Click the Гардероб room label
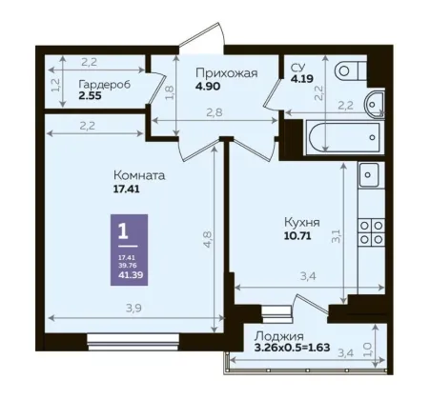click(105, 85)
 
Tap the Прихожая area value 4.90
click(208, 87)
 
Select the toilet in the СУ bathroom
click(350, 70)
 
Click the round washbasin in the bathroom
click(375, 104)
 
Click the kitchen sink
click(369, 174)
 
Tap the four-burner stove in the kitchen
click(372, 232)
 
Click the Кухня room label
click(302, 222)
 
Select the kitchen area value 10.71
click(297, 236)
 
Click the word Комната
click(139, 175)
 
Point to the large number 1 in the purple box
click(123, 231)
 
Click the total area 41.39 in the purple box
click(131, 274)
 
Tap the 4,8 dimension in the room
click(207, 239)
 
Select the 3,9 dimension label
click(133, 308)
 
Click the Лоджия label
click(279, 336)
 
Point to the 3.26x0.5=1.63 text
click(292, 348)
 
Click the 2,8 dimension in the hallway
click(215, 112)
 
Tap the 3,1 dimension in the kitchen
click(337, 236)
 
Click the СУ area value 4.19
click(302, 78)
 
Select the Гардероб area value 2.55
click(90, 95)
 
